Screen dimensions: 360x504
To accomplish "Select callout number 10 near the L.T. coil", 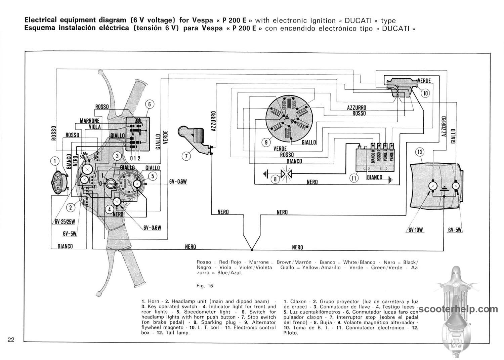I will click(x=425, y=93).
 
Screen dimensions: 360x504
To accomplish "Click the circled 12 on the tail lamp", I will click(x=420, y=152).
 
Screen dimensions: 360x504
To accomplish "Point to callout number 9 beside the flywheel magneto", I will click(x=266, y=142).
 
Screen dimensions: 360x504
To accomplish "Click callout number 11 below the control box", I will click(x=354, y=178).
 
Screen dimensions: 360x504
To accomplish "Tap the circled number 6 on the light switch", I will click(x=150, y=104).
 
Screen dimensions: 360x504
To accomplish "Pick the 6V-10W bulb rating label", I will click(x=416, y=230).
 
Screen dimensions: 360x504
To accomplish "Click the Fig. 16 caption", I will click(x=205, y=286).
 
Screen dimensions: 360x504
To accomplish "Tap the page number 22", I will click(x=11, y=339).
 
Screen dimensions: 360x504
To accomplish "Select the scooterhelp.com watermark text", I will click(x=458, y=309).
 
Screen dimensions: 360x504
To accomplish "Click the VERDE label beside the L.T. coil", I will click(x=424, y=81).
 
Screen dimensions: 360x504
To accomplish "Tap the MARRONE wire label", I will click(x=89, y=121).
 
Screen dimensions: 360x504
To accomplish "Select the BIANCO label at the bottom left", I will click(x=65, y=246).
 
